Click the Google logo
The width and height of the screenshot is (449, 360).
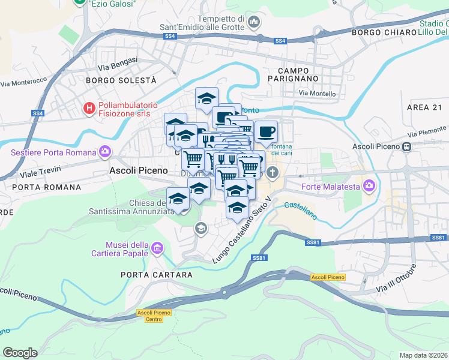20,353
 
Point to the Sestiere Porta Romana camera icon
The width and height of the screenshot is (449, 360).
106,151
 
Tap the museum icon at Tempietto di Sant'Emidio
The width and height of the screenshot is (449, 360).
253,23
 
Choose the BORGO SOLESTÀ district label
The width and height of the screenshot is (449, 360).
121,80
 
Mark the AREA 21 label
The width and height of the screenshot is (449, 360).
424,107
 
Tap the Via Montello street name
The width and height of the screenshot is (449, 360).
317,94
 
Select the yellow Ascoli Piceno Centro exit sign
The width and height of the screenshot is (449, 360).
154,316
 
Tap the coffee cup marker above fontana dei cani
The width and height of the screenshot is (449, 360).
266,132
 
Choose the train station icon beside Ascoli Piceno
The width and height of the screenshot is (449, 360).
407,146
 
